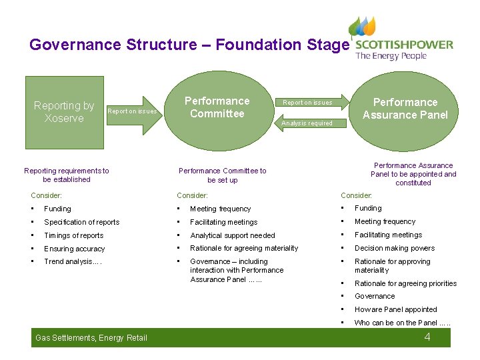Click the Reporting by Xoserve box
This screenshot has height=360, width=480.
coord(64,112)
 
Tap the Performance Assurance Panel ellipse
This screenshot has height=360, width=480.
coord(405,109)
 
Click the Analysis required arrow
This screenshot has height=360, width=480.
coord(307,123)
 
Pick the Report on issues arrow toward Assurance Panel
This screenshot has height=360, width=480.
coord(310,103)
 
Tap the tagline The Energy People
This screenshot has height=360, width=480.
coord(391,56)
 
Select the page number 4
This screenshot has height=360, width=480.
coord(427,337)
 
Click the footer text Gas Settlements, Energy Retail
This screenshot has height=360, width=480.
coord(91,338)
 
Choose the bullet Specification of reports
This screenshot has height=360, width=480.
coord(81,222)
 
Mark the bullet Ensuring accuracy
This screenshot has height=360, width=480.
coord(74,249)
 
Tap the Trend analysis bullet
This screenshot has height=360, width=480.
coord(73,261)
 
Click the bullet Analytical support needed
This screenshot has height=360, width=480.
coord(232,235)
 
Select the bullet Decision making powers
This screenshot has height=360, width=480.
coord(395,248)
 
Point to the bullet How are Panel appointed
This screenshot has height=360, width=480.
coord(395,309)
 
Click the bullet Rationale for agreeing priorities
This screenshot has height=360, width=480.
coord(405,283)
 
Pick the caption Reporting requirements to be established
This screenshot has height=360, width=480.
coord(66,175)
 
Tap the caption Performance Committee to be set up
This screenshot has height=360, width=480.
coord(222,175)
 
